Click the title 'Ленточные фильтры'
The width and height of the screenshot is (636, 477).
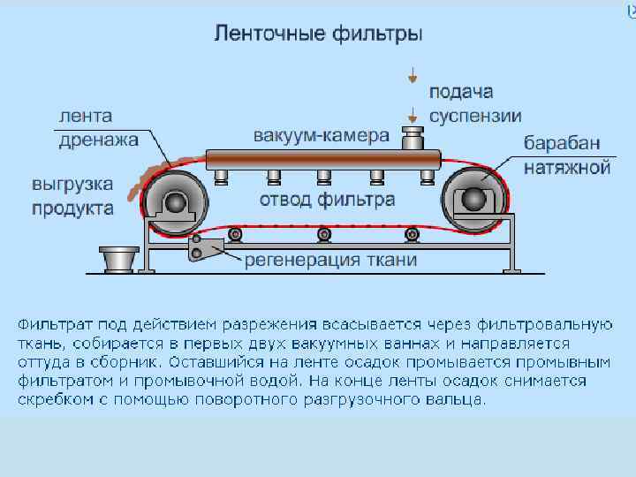[x=318, y=35]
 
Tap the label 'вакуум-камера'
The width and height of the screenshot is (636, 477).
[x=321, y=136]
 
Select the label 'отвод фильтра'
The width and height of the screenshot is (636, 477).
[x=327, y=200]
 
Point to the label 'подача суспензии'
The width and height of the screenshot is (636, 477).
[x=475, y=103]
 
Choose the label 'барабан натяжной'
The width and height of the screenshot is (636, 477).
[x=567, y=154]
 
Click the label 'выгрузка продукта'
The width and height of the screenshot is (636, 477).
[x=72, y=197]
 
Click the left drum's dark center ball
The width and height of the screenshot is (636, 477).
[x=177, y=203]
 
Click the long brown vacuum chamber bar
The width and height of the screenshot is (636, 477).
[x=322, y=160]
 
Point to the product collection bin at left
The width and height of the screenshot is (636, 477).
[x=117, y=260]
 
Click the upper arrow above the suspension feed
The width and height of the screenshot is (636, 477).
[x=412, y=77]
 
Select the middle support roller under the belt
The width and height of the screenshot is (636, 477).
[x=324, y=234]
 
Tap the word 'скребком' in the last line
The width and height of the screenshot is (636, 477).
[x=51, y=398]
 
